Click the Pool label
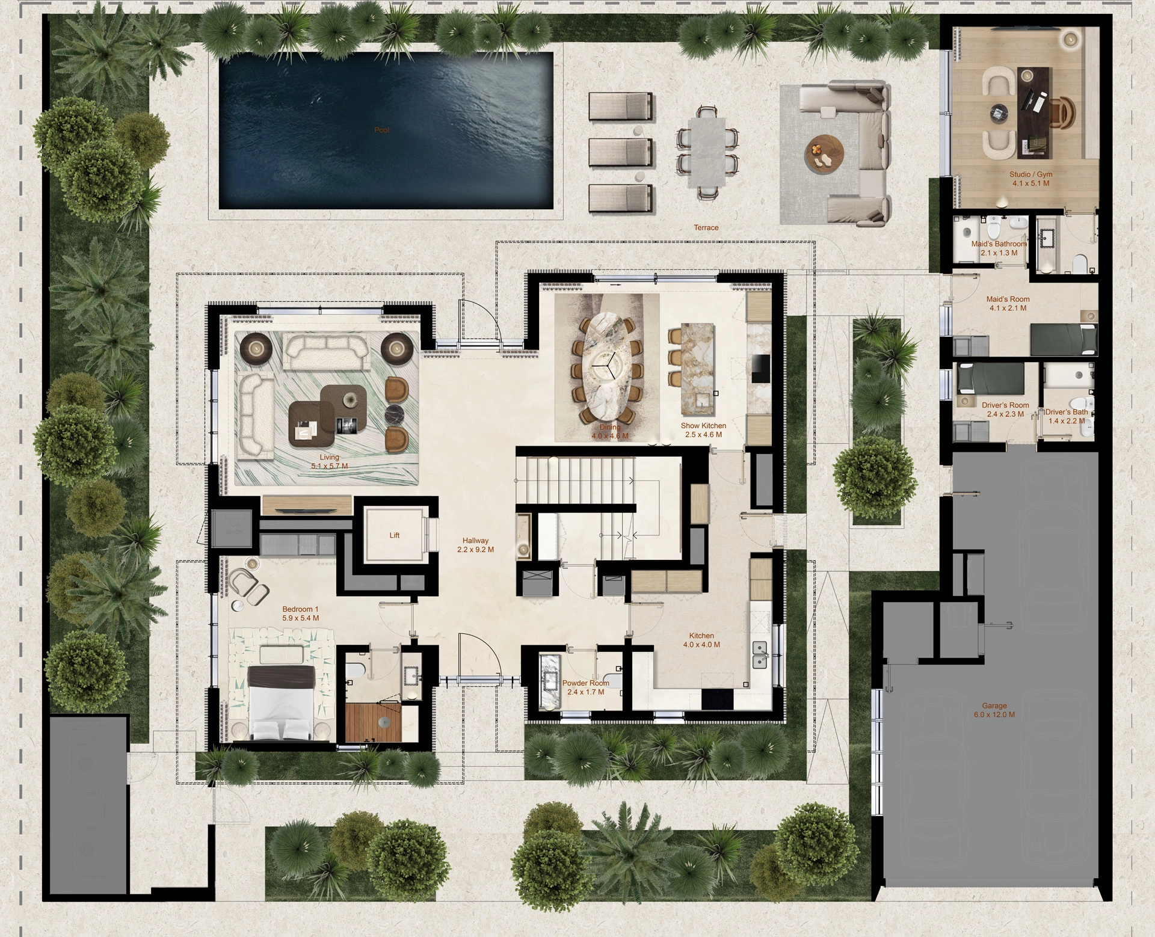(x=381, y=130)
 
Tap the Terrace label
(x=706, y=227)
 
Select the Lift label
(x=394, y=535)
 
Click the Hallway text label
(x=475, y=541)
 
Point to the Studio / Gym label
(x=1030, y=174)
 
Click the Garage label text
(x=994, y=705)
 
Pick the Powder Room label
(x=585, y=683)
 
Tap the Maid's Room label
(x=1008, y=299)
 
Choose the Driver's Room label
(x=1005, y=405)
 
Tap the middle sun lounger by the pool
(x=620, y=152)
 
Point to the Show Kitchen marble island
(x=698, y=364)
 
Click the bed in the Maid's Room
(x=1064, y=339)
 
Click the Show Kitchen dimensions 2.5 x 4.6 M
(x=703, y=434)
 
